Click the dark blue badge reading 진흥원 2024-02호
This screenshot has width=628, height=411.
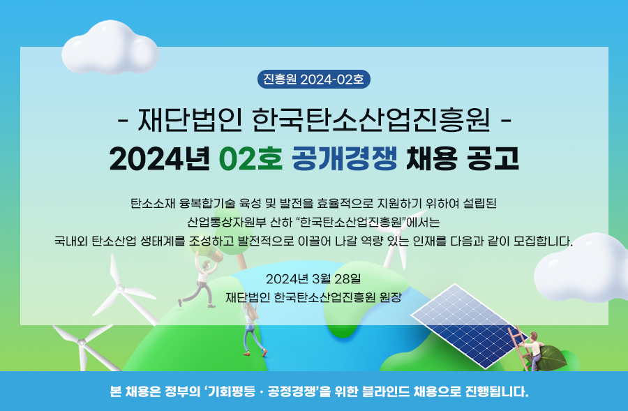click(313, 80)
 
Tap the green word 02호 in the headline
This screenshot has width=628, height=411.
click(251, 158)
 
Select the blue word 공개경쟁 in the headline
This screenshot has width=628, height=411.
click(345, 158)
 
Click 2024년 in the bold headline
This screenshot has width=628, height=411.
click(159, 158)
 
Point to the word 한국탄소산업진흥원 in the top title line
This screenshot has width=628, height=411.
click(371, 119)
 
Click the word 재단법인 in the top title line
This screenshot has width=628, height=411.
click(190, 119)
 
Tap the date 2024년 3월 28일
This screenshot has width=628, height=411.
click(313, 278)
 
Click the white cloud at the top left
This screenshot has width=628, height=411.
click(110, 47)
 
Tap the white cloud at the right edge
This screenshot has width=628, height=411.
click(581, 267)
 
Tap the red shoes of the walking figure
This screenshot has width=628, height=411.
click(255, 353)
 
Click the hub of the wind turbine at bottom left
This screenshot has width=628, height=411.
click(82, 343)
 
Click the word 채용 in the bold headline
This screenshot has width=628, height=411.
click(431, 158)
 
